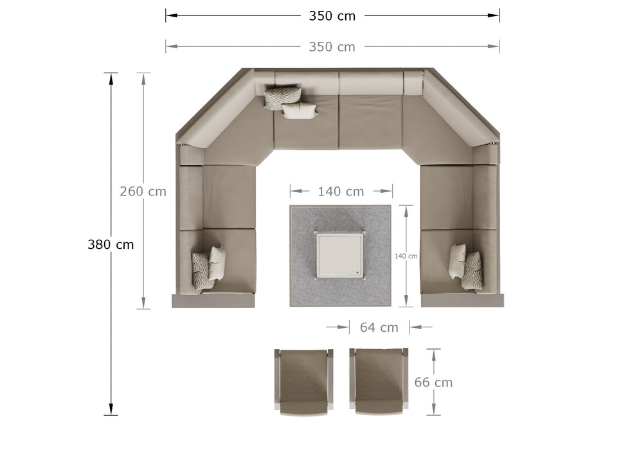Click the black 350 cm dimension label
[332, 16]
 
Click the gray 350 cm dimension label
[332, 47]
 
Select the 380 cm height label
[111, 244]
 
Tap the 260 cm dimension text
[143, 192]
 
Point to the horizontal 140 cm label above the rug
[341, 192]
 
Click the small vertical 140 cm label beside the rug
[406, 256]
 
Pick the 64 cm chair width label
[379, 327]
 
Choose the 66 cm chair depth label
[433, 382]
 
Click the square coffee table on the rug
[340, 255]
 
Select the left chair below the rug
[303, 382]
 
